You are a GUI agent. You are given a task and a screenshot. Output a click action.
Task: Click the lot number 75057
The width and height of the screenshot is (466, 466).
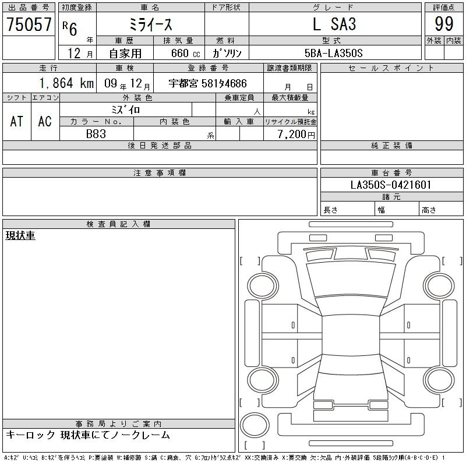pyautogui.click(x=29, y=24)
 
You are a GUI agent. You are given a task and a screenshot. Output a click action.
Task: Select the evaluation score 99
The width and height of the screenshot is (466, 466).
pyautogui.click(x=444, y=24)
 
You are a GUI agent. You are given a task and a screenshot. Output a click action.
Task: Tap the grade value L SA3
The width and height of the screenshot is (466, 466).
pyautogui.click(x=334, y=24)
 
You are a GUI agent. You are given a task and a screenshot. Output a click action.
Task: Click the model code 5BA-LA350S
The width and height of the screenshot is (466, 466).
pyautogui.click(x=333, y=53)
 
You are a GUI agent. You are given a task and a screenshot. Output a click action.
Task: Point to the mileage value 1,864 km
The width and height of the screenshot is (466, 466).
pyautogui.click(x=66, y=83)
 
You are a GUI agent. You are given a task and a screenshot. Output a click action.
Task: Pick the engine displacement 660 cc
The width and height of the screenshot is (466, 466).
pyautogui.click(x=185, y=53)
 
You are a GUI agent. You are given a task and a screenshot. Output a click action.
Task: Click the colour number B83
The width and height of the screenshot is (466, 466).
pyautogui.click(x=96, y=134)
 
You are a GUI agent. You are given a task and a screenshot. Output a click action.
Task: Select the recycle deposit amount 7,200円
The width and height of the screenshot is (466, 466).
pyautogui.click(x=296, y=134)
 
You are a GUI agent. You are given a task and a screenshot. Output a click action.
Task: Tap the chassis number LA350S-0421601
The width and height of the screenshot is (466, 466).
pyautogui.click(x=391, y=185)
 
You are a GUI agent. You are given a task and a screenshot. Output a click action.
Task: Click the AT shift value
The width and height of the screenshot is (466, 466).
pyautogui.click(x=17, y=121)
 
